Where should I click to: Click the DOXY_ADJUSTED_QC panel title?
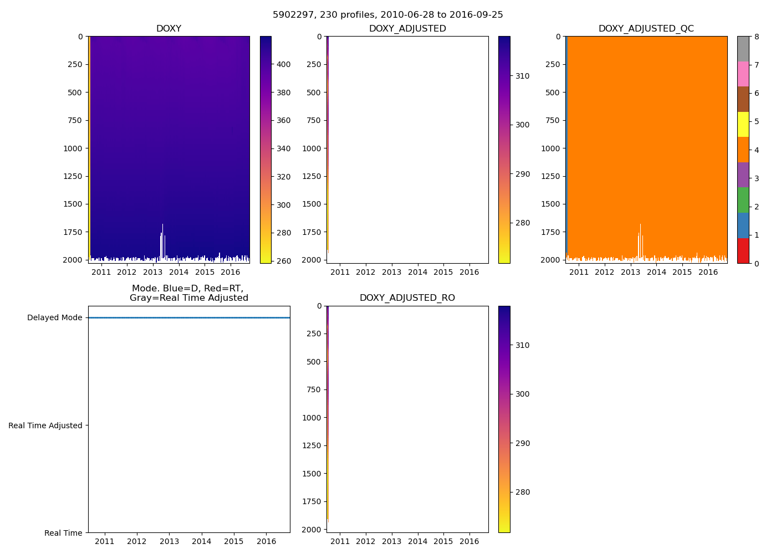click(x=646, y=29)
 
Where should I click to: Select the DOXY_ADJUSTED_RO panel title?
click(x=407, y=298)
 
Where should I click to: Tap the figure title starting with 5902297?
click(x=388, y=15)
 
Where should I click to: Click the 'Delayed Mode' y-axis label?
click(x=54, y=318)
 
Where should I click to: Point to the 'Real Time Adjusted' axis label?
click(x=45, y=425)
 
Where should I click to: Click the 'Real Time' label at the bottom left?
click(x=63, y=533)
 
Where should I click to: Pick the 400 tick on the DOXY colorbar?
click(x=283, y=64)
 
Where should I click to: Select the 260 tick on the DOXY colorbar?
click(x=283, y=261)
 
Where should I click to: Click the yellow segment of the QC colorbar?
click(x=743, y=124)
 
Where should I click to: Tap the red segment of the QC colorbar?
click(x=743, y=250)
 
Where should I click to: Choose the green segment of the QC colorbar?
click(x=743, y=200)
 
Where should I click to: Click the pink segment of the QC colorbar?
click(x=743, y=74)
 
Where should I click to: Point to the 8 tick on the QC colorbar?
click(x=757, y=37)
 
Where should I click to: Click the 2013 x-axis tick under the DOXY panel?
click(x=152, y=272)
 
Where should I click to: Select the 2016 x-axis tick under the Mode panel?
click(x=267, y=541)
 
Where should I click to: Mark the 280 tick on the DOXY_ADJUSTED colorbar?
click(x=522, y=223)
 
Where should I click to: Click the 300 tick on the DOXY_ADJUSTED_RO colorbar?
click(x=522, y=394)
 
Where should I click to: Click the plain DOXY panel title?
click(x=169, y=29)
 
